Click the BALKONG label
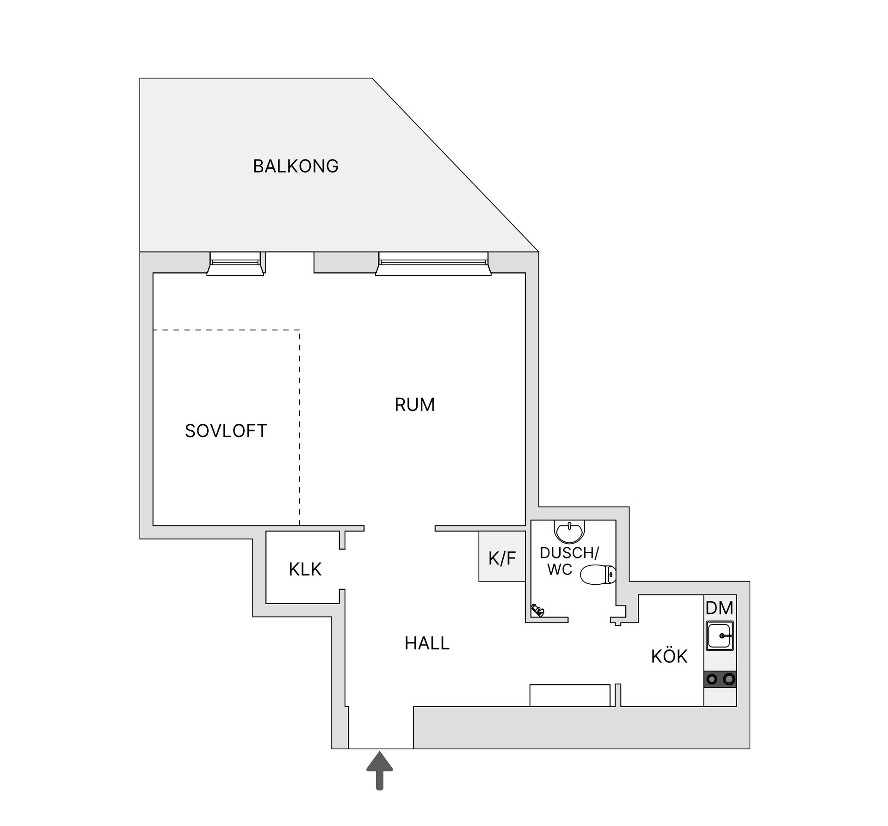pyautogui.click(x=296, y=166)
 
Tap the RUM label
pyautogui.click(x=414, y=405)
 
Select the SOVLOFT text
pyautogui.click(x=226, y=431)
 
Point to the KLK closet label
pyautogui.click(x=305, y=569)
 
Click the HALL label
pyautogui.click(x=427, y=643)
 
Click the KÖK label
pyautogui.click(x=669, y=656)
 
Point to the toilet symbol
pyautogui.click(x=598, y=575)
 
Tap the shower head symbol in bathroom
pyautogui.click(x=537, y=610)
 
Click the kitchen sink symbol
pyautogui.click(x=720, y=636)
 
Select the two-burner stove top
pyautogui.click(x=720, y=679)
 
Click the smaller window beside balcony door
pyautogui.click(x=235, y=263)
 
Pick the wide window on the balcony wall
pyautogui.click(x=433, y=263)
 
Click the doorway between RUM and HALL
pyautogui.click(x=400, y=528)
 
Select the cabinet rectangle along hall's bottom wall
pyautogui.click(x=570, y=695)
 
